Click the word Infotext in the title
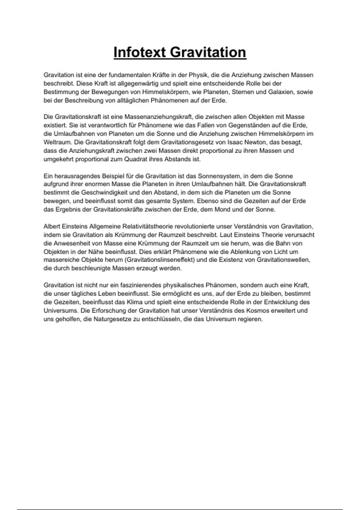pos(139,52)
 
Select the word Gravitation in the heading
pos(208,52)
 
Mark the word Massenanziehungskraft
pos(158,117)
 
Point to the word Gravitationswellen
pos(283,260)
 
